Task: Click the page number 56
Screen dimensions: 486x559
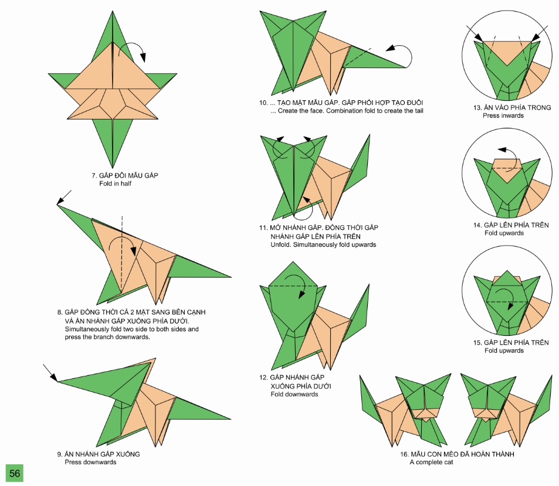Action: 14,473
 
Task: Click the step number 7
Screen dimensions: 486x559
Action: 94,175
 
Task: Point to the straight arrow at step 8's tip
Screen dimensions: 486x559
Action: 65,196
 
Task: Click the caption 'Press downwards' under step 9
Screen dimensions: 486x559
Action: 90,462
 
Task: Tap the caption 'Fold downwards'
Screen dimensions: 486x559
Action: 294,394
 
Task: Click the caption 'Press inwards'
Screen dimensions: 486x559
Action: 503,115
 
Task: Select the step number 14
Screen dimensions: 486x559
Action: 477,225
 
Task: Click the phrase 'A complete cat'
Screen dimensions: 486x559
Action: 431,463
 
